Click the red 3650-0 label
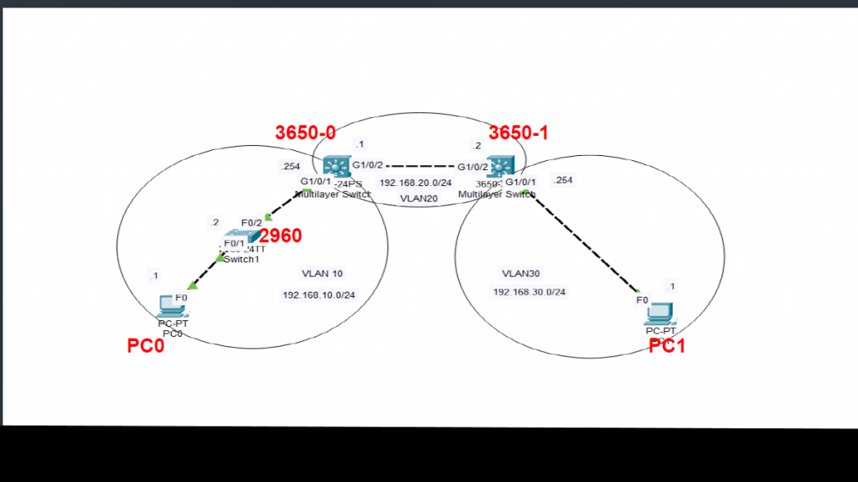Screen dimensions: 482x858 [305, 132]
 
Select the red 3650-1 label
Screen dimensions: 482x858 [518, 132]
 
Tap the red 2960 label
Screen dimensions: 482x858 [281, 236]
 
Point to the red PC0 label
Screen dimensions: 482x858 [145, 345]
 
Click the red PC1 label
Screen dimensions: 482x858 [667, 345]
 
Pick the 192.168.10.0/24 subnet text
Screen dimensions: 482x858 [318, 295]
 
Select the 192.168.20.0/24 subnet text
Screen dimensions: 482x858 [416, 182]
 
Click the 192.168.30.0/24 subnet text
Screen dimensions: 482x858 [530, 292]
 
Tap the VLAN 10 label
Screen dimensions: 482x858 [322, 273]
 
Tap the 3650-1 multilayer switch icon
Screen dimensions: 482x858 [501, 166]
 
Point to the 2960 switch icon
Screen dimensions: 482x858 [237, 237]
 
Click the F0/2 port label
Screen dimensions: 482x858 [251, 222]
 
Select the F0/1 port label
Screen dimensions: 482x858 [234, 243]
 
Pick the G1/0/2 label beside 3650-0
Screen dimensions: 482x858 [367, 165]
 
